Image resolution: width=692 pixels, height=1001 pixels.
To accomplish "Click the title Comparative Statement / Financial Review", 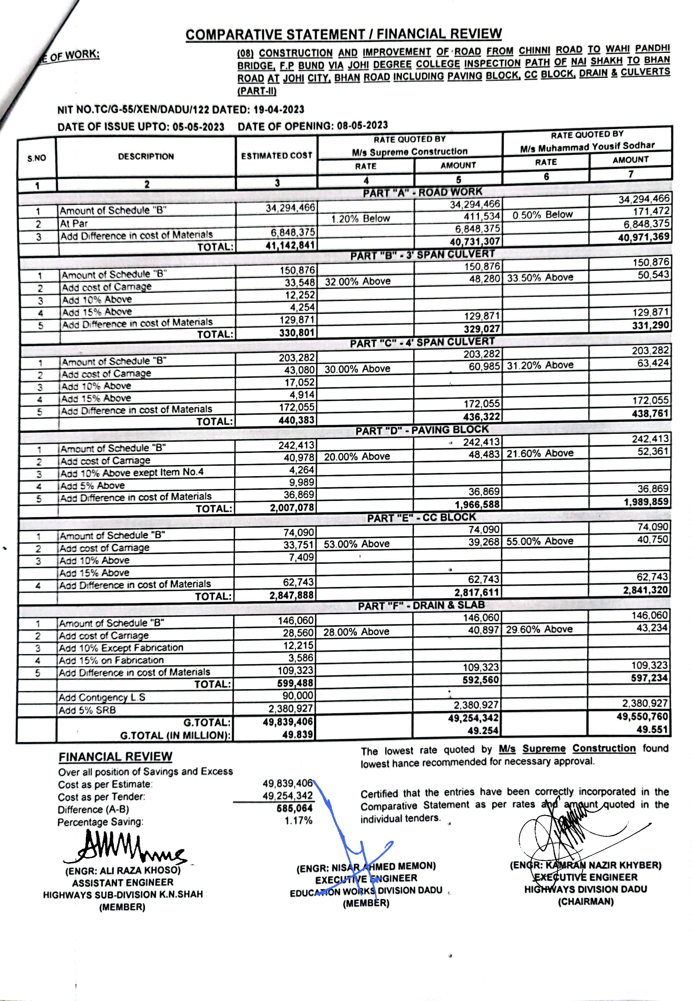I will click(344, 34).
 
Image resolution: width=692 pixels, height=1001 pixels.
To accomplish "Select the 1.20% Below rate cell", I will click(360, 219).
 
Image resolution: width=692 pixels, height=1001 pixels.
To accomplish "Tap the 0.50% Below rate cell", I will click(542, 215).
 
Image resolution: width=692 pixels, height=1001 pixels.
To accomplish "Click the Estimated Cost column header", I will click(276, 156).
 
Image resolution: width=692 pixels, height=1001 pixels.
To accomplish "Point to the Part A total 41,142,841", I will click(290, 245).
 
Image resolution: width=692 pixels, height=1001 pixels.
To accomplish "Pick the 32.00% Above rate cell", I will click(358, 282).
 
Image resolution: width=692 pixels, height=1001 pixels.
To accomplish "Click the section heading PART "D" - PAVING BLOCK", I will click(421, 430).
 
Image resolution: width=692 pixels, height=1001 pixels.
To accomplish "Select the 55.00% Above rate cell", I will click(540, 541).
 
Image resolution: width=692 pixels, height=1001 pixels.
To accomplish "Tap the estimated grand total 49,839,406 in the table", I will click(288, 722).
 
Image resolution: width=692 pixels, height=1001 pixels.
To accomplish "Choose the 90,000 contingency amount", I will click(298, 696).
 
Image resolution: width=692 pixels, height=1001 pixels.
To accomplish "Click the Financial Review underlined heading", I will click(115, 757).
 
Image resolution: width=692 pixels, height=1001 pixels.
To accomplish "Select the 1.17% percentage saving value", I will click(298, 821).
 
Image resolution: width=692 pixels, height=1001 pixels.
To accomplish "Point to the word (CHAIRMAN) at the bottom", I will click(585, 902).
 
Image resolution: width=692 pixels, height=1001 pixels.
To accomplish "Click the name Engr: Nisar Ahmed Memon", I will click(366, 868).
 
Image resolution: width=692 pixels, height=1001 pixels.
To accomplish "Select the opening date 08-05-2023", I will click(362, 125).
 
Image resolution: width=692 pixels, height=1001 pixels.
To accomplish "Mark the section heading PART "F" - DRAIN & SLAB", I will click(421, 605).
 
